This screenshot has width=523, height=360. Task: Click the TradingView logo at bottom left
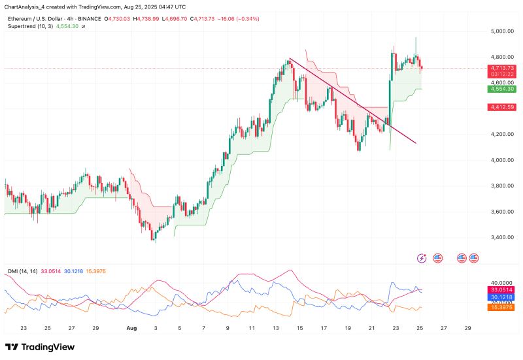coord(40,347)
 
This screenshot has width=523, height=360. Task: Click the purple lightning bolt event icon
coord(422,258)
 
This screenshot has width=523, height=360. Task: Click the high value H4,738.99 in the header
coord(151,19)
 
